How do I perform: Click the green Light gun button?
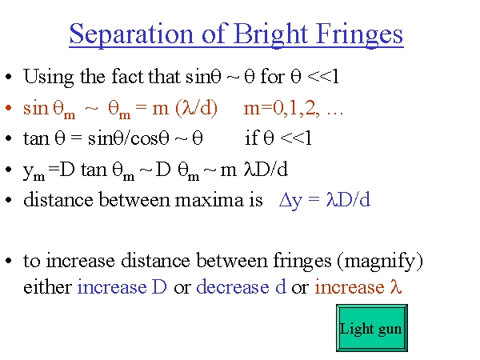tap(372, 328)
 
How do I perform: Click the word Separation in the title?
tap(131, 35)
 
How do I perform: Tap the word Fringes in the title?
tap(359, 35)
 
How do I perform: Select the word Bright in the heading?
tap(271, 35)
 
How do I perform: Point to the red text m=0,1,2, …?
tap(294, 108)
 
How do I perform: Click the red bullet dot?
tap(9, 108)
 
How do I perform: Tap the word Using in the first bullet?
tap(48, 77)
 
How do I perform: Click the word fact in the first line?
tap(128, 76)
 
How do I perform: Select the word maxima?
tap(209, 200)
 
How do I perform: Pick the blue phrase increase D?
tap(122, 287)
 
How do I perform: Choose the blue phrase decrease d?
tap(242, 286)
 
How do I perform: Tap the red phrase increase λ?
tap(358, 287)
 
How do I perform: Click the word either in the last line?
tap(47, 287)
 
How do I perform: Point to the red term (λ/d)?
tap(197, 108)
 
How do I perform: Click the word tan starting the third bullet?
tap(36, 138)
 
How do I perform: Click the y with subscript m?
tap(34, 172)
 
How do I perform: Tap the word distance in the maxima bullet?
tap(58, 200)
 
